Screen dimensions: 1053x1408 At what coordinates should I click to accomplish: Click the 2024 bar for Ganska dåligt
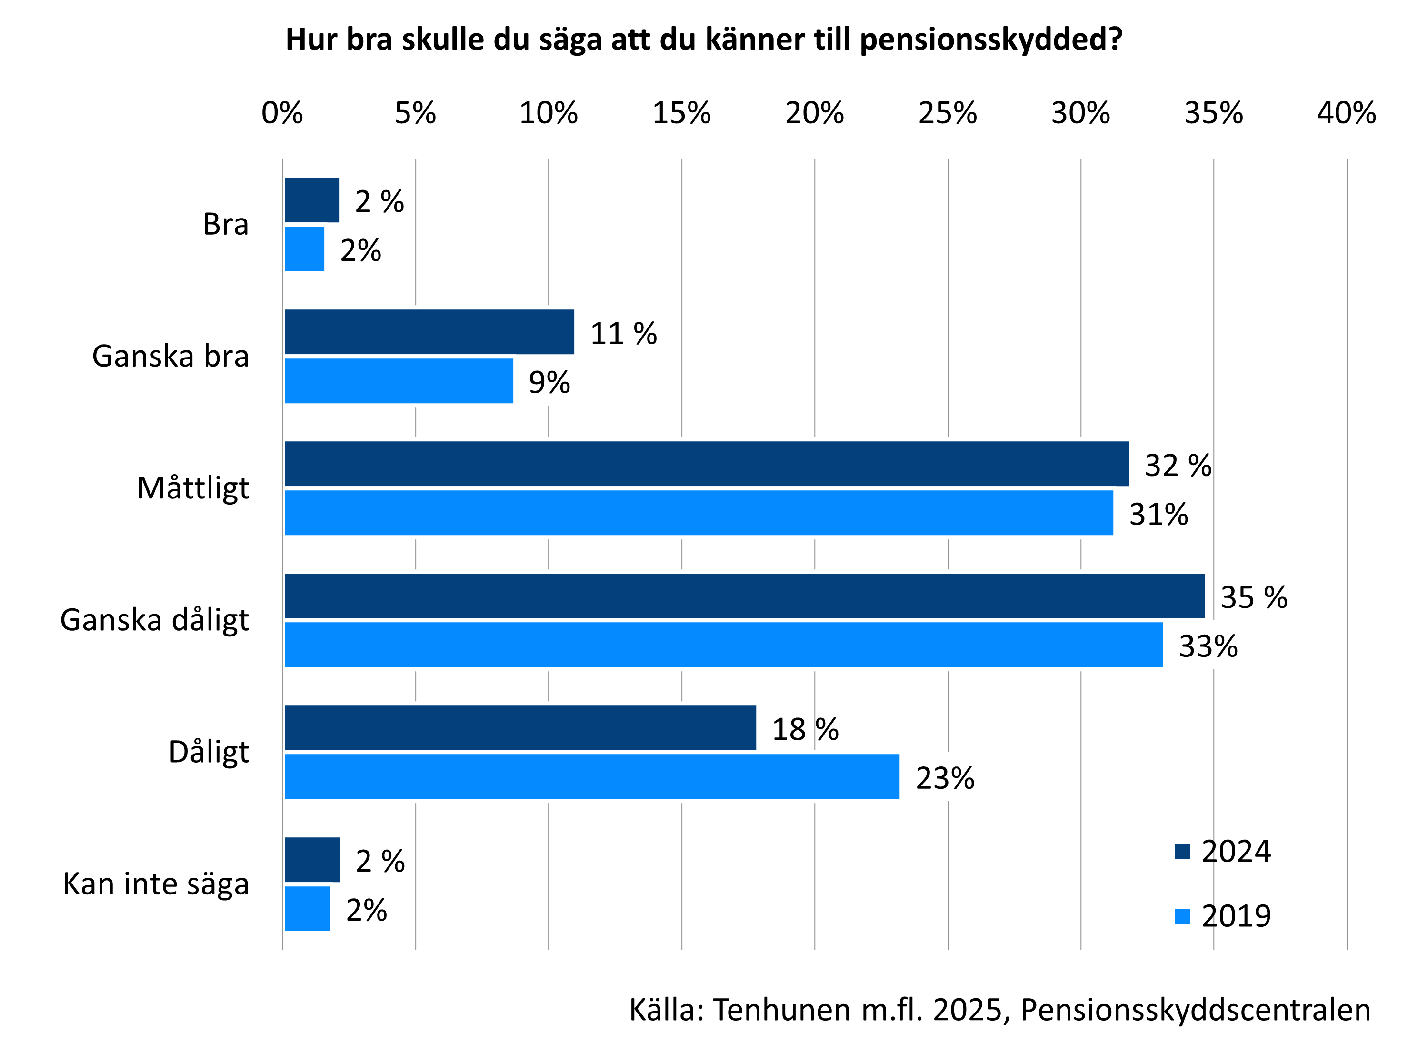[x=744, y=596]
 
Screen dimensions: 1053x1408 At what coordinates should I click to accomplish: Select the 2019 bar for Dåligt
[x=592, y=776]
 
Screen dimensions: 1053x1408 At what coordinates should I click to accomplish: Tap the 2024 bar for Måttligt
[x=707, y=464]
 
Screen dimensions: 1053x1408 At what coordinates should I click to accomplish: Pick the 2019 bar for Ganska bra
[x=399, y=380]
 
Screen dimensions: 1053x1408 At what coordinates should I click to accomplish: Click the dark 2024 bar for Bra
[x=311, y=200]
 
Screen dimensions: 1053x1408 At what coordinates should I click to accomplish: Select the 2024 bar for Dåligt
[x=520, y=727]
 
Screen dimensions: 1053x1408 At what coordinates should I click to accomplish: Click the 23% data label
[x=945, y=778]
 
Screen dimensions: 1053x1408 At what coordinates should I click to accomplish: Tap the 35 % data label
[x=1253, y=597]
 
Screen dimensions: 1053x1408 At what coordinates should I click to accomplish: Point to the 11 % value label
[x=623, y=333]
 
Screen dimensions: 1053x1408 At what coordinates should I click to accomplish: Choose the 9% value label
[x=549, y=382]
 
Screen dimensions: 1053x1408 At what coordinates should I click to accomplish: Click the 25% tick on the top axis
[x=947, y=113]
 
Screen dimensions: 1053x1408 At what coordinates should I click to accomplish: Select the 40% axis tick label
[x=1346, y=113]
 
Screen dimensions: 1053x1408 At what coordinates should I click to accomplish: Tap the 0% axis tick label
[x=282, y=113]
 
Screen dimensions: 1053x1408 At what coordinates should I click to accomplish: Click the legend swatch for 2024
[x=1182, y=851]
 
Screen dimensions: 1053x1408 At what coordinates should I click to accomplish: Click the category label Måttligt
[x=193, y=488]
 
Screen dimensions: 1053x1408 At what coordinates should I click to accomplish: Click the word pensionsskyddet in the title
[x=990, y=40]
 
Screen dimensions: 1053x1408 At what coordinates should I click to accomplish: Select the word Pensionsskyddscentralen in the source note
[x=1196, y=1010]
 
